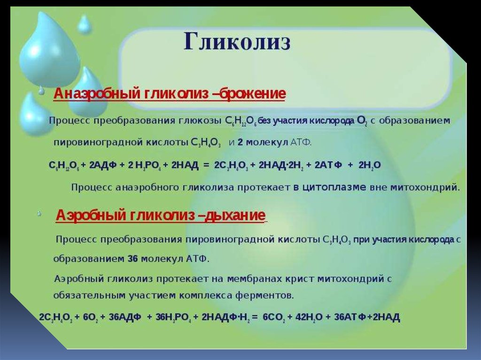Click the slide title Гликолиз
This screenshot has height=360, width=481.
coord(237,42)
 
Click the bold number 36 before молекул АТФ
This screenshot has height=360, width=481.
coord(132,259)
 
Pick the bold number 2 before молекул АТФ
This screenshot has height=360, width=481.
coord(240,143)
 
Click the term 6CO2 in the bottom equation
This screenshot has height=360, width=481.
coord(274,317)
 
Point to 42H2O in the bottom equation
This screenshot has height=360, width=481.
coord(309,317)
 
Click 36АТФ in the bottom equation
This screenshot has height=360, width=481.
coord(349,317)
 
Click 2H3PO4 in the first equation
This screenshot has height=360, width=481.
coord(144,166)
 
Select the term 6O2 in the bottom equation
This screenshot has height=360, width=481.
coord(91,317)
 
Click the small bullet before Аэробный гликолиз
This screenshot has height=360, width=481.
coord(39,214)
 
